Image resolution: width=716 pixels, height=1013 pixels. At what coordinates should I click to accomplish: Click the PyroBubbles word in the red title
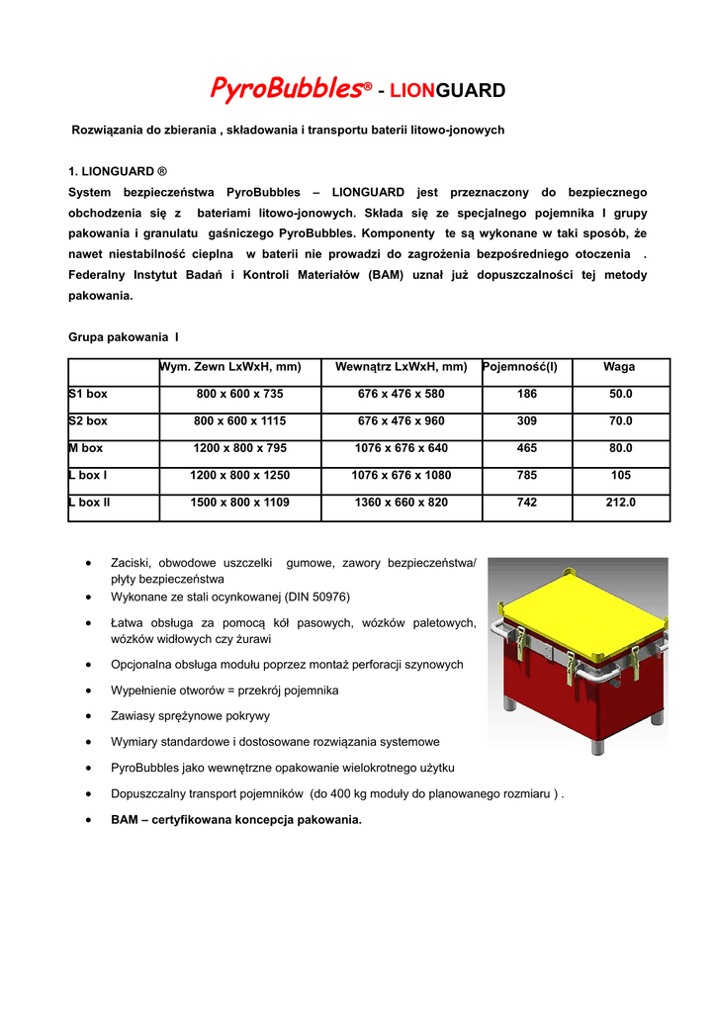[285, 90]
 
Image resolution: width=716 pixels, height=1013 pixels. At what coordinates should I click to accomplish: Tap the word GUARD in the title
[471, 92]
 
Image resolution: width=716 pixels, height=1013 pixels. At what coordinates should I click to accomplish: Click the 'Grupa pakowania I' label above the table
[124, 337]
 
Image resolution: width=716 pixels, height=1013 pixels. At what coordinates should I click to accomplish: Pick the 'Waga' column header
[619, 367]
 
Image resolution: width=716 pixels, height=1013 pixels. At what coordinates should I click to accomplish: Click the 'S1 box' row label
[88, 394]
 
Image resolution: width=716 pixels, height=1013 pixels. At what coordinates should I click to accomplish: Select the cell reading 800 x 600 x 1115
[239, 420]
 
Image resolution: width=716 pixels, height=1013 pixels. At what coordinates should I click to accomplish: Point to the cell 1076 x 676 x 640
[401, 448]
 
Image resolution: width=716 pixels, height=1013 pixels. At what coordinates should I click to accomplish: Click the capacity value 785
[527, 475]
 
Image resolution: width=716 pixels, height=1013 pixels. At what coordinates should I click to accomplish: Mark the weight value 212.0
[620, 503]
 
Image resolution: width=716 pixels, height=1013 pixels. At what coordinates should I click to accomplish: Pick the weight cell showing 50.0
[620, 394]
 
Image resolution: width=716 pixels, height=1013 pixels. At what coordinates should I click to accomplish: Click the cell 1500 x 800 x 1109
[239, 503]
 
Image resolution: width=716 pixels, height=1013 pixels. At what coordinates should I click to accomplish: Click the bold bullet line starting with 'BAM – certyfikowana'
[236, 819]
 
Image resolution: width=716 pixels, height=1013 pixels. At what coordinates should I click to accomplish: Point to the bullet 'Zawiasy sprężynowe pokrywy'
[191, 715]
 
